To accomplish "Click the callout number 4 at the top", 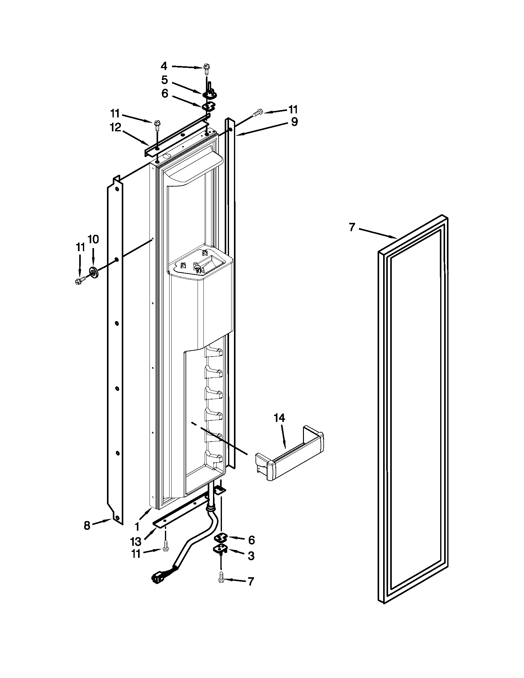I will pyautogui.click(x=164, y=66).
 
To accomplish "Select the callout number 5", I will pyautogui.click(x=165, y=80).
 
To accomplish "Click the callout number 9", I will pyautogui.click(x=294, y=122).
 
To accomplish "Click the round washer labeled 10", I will pyautogui.click(x=93, y=272).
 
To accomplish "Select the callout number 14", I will pyautogui.click(x=279, y=418).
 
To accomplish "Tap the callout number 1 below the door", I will pyautogui.click(x=137, y=526).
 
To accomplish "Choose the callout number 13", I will pyautogui.click(x=136, y=541).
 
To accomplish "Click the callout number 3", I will pyautogui.click(x=251, y=556).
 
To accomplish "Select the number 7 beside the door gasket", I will pyautogui.click(x=351, y=227).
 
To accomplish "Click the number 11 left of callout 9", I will pyautogui.click(x=293, y=110).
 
